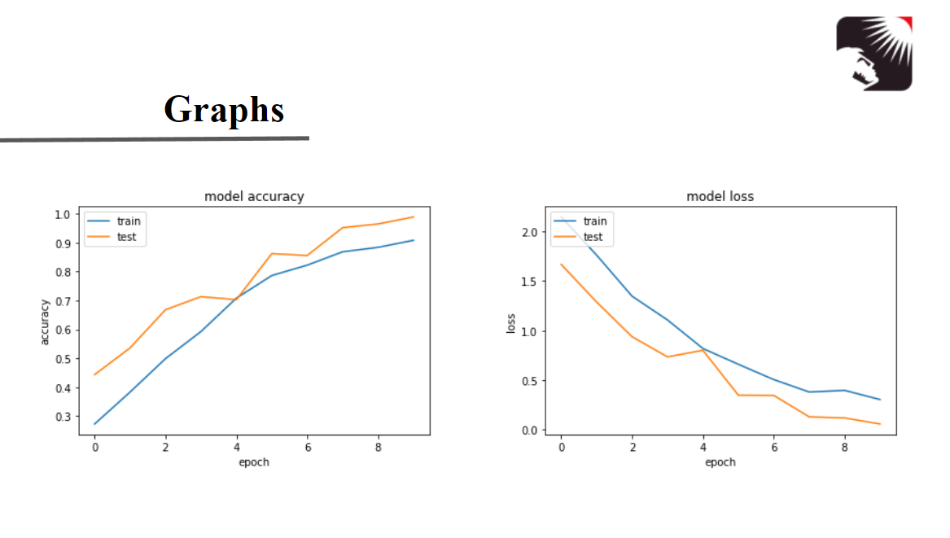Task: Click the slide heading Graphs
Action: pos(224,109)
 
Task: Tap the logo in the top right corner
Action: pos(874,53)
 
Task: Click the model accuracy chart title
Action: pos(254,196)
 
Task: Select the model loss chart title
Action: pos(720,196)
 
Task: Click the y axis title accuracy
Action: pos(45,321)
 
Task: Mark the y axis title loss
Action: pos(511,324)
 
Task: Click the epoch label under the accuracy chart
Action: pos(254,461)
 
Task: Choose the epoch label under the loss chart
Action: pos(720,461)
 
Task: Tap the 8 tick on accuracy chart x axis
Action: pos(378,447)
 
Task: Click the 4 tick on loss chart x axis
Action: pos(703,447)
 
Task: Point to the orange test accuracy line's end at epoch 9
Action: pos(414,217)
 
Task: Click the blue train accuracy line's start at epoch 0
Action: pos(95,424)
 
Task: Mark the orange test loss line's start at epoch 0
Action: pos(561,264)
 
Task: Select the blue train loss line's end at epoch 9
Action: pos(880,400)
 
